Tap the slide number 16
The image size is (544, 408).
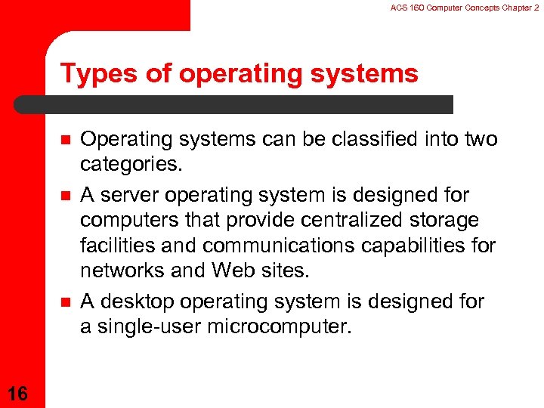(18, 394)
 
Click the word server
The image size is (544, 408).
(130, 195)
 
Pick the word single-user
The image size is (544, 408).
(149, 327)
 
